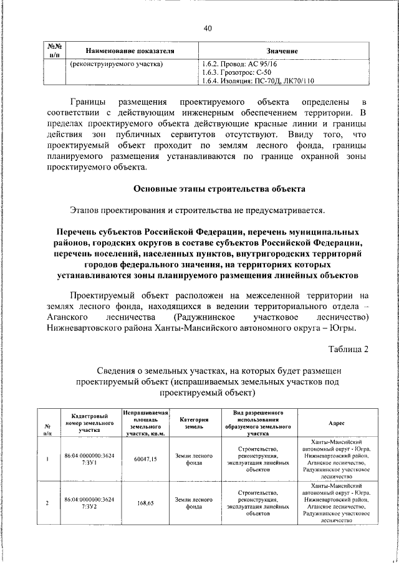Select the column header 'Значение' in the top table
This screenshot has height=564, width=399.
pos(282,50)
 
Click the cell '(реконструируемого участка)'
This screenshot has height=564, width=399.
pos(117,64)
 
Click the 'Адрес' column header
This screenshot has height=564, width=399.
pos(336,422)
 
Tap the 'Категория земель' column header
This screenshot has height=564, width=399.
pos(193,422)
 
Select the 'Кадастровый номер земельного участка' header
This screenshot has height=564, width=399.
pos(90,422)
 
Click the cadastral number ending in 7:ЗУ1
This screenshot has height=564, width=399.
pos(90,459)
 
